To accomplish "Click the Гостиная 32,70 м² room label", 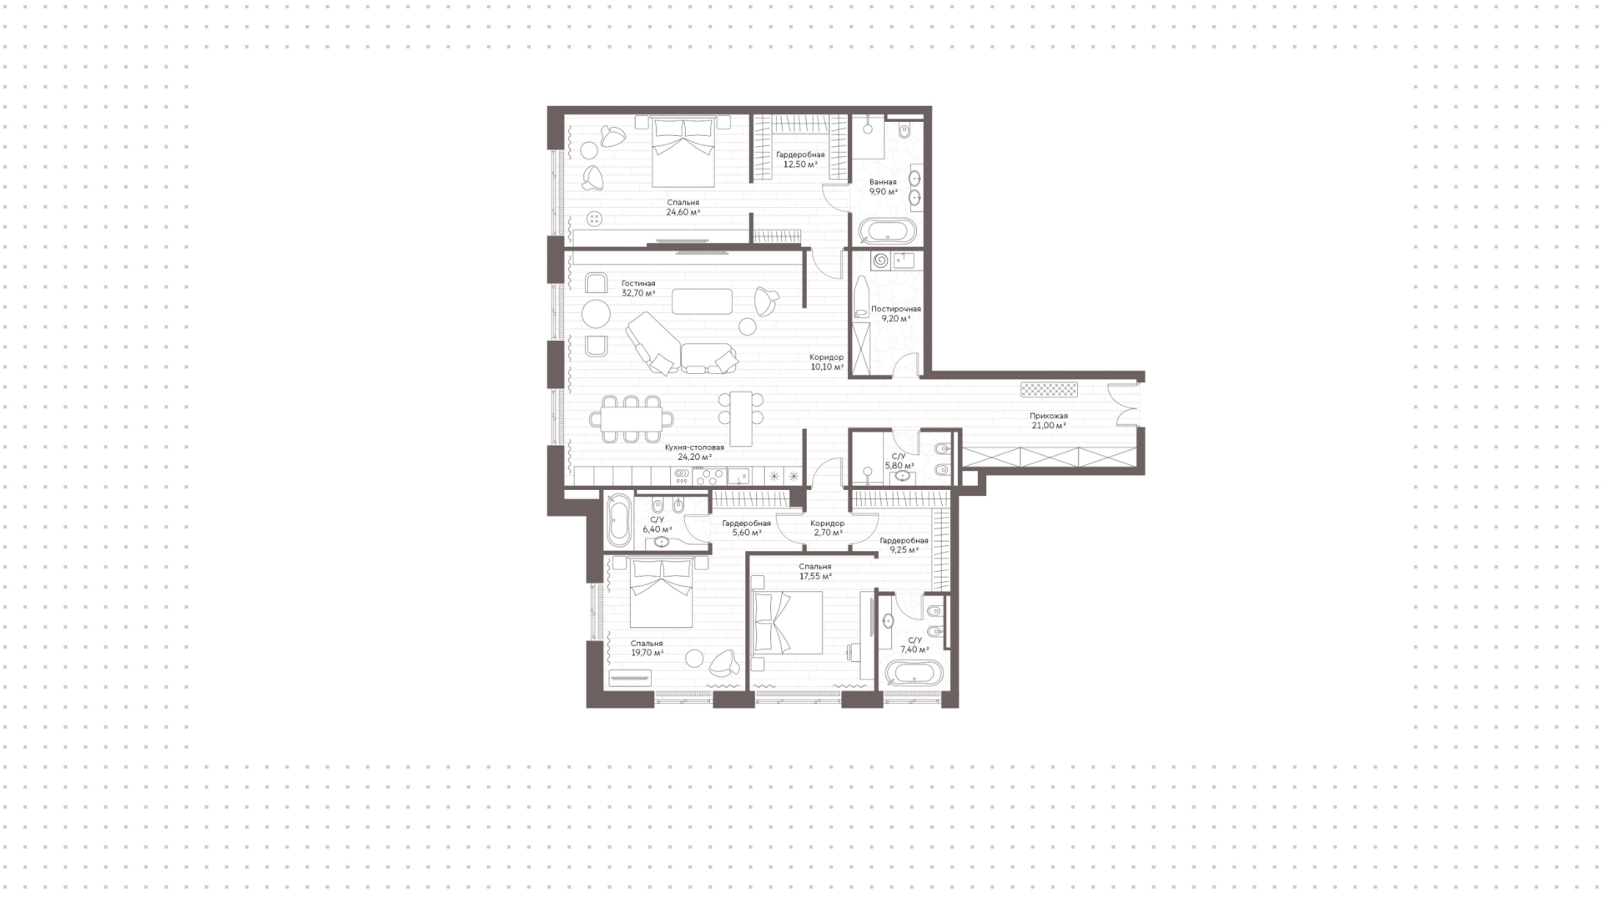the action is [x=638, y=288].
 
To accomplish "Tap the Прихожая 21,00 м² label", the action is [x=1048, y=421].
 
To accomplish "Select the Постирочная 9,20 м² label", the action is [x=896, y=313].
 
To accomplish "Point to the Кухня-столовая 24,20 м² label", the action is [x=694, y=452].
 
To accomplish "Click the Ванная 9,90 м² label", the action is [x=883, y=186].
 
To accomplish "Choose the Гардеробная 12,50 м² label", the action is [x=800, y=159].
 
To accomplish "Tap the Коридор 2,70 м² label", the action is [x=827, y=528].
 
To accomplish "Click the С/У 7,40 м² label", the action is [x=914, y=645].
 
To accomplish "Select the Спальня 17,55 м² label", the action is [x=815, y=571].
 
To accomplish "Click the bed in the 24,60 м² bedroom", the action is [x=683, y=152].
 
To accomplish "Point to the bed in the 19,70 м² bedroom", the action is [x=661, y=593].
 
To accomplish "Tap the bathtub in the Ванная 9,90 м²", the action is [x=887, y=230].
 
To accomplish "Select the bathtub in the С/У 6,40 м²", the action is [x=618, y=519].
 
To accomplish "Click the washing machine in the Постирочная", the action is [x=880, y=261].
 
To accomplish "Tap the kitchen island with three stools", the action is [x=741, y=418].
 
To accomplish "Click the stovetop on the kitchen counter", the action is [x=710, y=477].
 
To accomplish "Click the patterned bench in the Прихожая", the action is [x=1050, y=390].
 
